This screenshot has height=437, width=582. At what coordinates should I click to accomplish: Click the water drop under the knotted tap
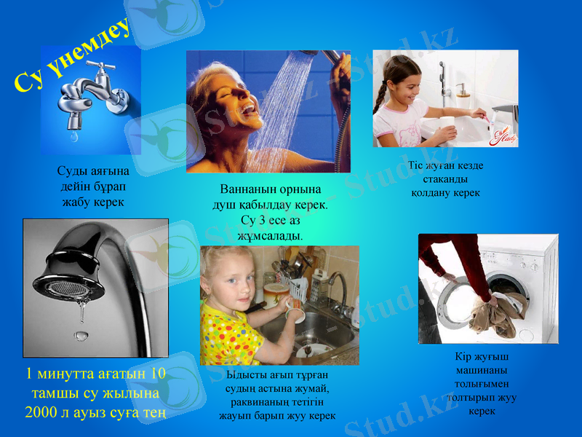point(73,136)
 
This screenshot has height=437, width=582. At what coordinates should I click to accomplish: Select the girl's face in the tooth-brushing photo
point(408,80)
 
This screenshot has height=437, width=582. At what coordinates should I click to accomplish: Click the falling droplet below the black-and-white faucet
point(80,335)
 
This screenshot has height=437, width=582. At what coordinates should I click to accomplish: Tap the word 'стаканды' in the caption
point(445,179)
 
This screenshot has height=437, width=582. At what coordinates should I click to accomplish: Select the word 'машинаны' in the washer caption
point(481,370)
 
